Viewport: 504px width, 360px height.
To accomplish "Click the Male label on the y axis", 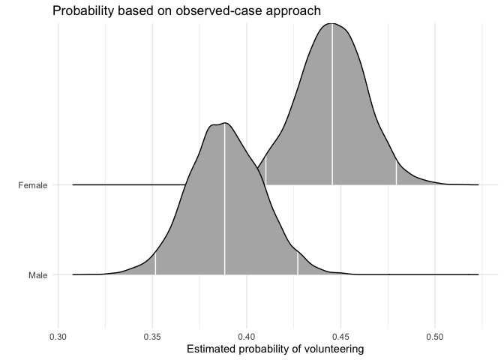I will (x=37, y=275).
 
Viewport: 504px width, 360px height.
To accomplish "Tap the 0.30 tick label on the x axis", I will (x=58, y=338).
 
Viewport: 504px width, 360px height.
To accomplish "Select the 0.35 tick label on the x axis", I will (x=152, y=338).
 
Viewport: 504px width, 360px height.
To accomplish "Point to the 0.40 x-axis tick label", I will (x=247, y=338).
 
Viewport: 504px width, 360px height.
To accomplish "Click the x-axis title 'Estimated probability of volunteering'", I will (x=274, y=350).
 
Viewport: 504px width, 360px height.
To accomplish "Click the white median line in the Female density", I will (x=332, y=105).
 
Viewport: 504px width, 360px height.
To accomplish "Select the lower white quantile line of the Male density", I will (x=155, y=264).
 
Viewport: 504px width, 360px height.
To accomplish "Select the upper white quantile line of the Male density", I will (x=298, y=263).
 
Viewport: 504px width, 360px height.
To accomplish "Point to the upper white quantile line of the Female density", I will (x=396, y=172).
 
